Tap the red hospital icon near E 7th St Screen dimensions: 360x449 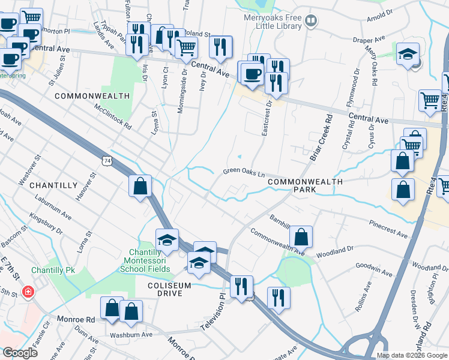(27, 292)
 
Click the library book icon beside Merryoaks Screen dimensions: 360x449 (310, 22)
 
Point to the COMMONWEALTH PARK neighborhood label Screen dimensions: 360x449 (305, 185)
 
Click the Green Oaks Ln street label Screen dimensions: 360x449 (244, 171)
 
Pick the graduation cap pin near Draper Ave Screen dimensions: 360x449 (408, 54)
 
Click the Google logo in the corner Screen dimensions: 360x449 (19, 352)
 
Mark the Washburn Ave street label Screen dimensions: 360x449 (128, 335)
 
